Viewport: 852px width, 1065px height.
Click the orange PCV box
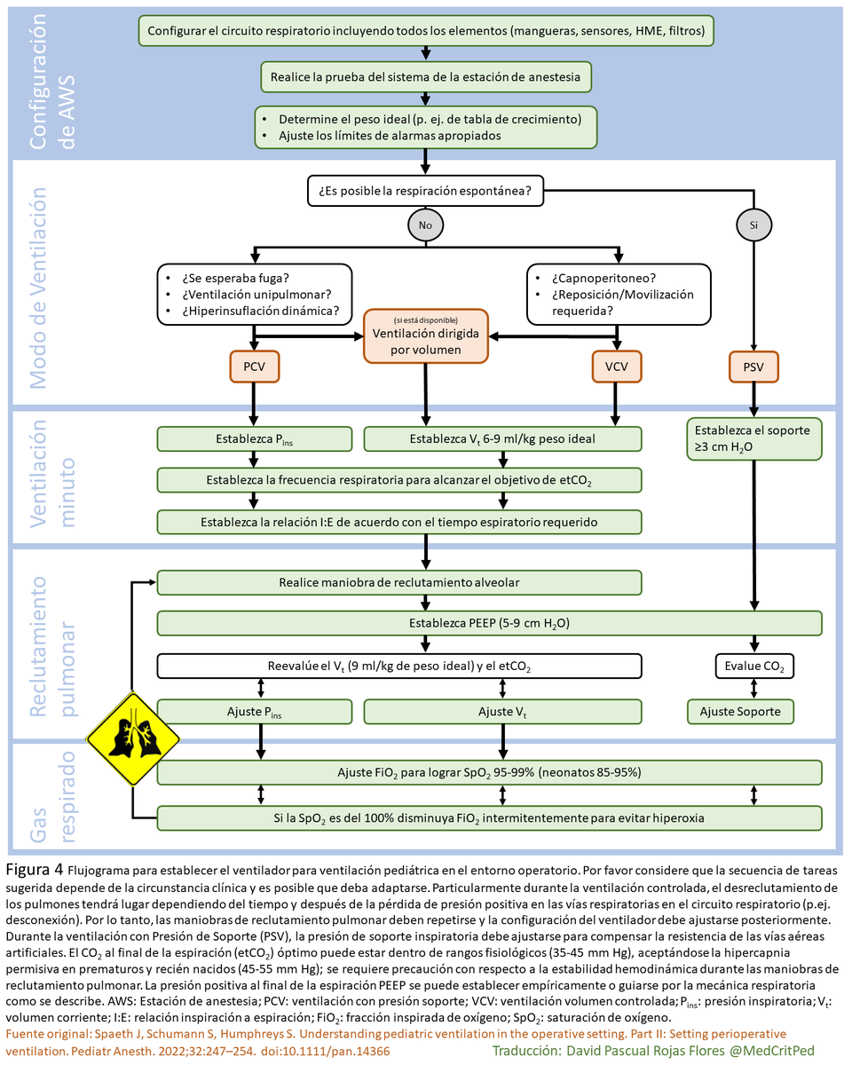(254, 366)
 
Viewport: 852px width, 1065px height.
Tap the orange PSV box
(753, 366)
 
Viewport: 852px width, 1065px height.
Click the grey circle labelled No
(425, 225)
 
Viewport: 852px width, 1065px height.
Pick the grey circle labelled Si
(753, 225)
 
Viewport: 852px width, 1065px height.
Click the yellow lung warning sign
(133, 739)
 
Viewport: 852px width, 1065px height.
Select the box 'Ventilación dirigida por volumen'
(425, 335)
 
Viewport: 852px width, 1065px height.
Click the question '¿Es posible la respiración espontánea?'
(425, 189)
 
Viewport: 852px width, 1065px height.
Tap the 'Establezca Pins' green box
(254, 438)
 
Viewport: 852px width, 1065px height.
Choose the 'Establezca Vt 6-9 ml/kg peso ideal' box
(502, 438)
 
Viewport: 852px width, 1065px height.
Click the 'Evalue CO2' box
(753, 665)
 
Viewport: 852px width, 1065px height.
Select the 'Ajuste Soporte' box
(740, 711)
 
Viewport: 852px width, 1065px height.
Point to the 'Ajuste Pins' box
(254, 711)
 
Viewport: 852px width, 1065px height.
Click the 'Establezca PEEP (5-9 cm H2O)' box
(489, 623)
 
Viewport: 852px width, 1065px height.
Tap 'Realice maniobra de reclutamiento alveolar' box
(398, 582)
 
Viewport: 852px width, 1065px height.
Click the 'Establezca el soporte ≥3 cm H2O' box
(753, 438)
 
